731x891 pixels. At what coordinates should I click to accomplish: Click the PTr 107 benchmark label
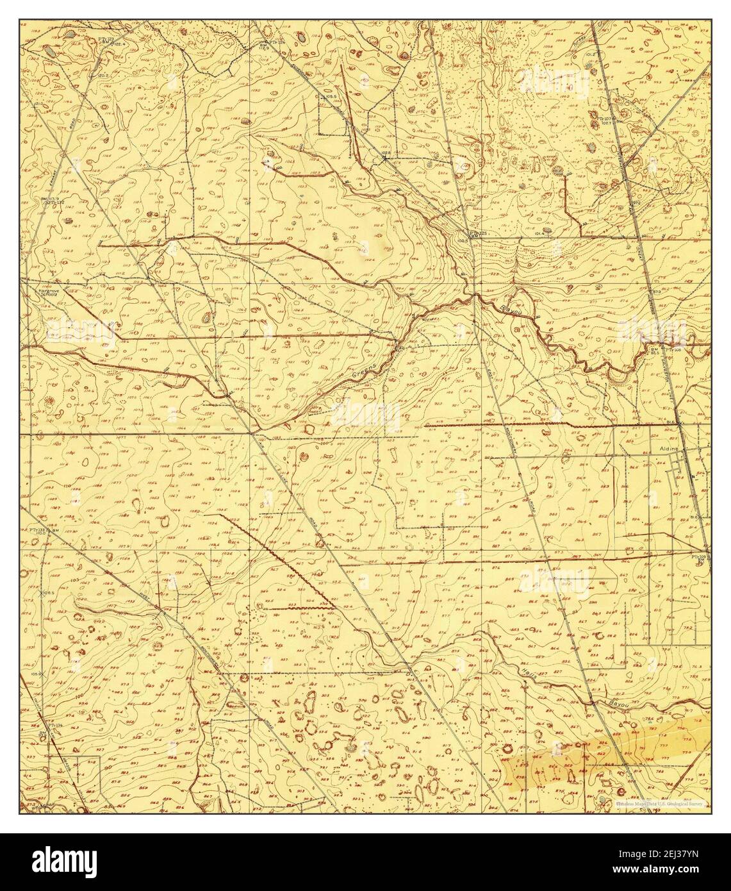pyautogui.click(x=604, y=119)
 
